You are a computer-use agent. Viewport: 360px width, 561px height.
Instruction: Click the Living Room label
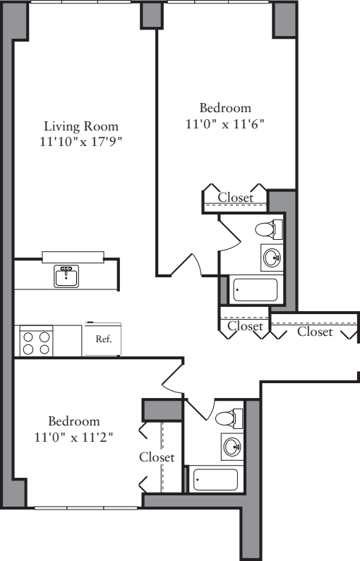point(81,126)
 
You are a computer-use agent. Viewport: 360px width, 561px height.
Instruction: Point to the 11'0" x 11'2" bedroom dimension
point(74,437)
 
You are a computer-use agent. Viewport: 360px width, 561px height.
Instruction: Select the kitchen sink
point(67,276)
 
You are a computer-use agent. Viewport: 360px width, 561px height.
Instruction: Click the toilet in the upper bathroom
point(267,229)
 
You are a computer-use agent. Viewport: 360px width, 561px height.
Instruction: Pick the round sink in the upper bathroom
point(271,258)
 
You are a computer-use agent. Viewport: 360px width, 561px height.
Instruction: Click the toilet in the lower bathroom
point(227,417)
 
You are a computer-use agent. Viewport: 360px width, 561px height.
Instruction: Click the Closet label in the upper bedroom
point(235,198)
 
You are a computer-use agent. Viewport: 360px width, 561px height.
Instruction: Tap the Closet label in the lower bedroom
point(156,457)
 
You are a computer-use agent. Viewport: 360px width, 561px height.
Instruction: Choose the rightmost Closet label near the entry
point(314,331)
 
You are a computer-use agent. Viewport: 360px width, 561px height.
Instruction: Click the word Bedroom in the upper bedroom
point(225,108)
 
